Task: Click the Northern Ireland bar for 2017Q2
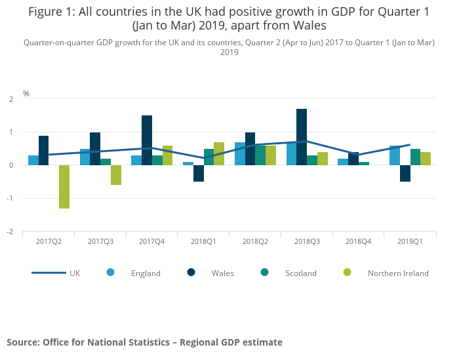coord(64,187)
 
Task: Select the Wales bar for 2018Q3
coord(302,137)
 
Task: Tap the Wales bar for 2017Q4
coord(147,140)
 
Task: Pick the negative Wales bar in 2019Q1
coord(405,173)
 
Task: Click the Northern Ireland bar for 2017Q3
coord(116,175)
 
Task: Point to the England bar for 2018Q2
coord(240,154)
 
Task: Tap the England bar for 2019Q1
coord(394,155)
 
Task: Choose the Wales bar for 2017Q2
coord(43,151)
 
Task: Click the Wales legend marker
coord(191,273)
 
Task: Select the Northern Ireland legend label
coord(398,273)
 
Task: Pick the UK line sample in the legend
coord(49,273)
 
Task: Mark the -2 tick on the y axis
coord(11,231)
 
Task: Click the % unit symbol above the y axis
coord(26,94)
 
